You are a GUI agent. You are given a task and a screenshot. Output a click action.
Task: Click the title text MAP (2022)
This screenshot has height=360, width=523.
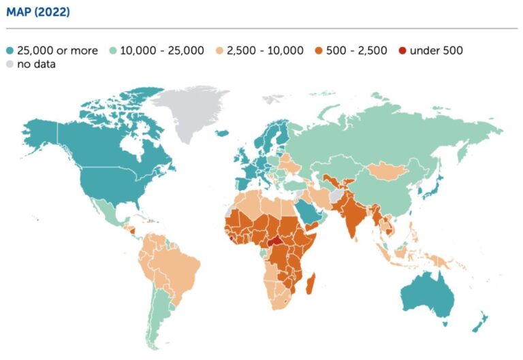coord(39,12)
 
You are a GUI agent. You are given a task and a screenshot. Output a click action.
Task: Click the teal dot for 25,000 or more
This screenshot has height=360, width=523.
coord(10,50)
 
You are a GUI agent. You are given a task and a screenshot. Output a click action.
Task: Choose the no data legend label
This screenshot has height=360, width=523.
coord(37,65)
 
